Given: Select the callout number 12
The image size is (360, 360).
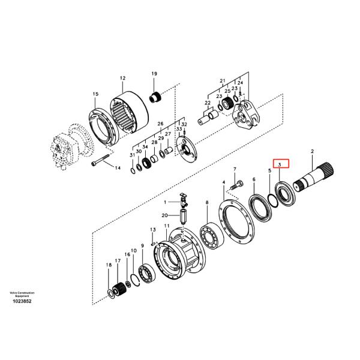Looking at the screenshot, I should [122, 78].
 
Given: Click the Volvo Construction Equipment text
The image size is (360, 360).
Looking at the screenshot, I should [22, 293].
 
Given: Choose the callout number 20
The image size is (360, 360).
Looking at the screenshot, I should [164, 215].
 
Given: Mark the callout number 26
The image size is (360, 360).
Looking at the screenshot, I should [160, 124].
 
